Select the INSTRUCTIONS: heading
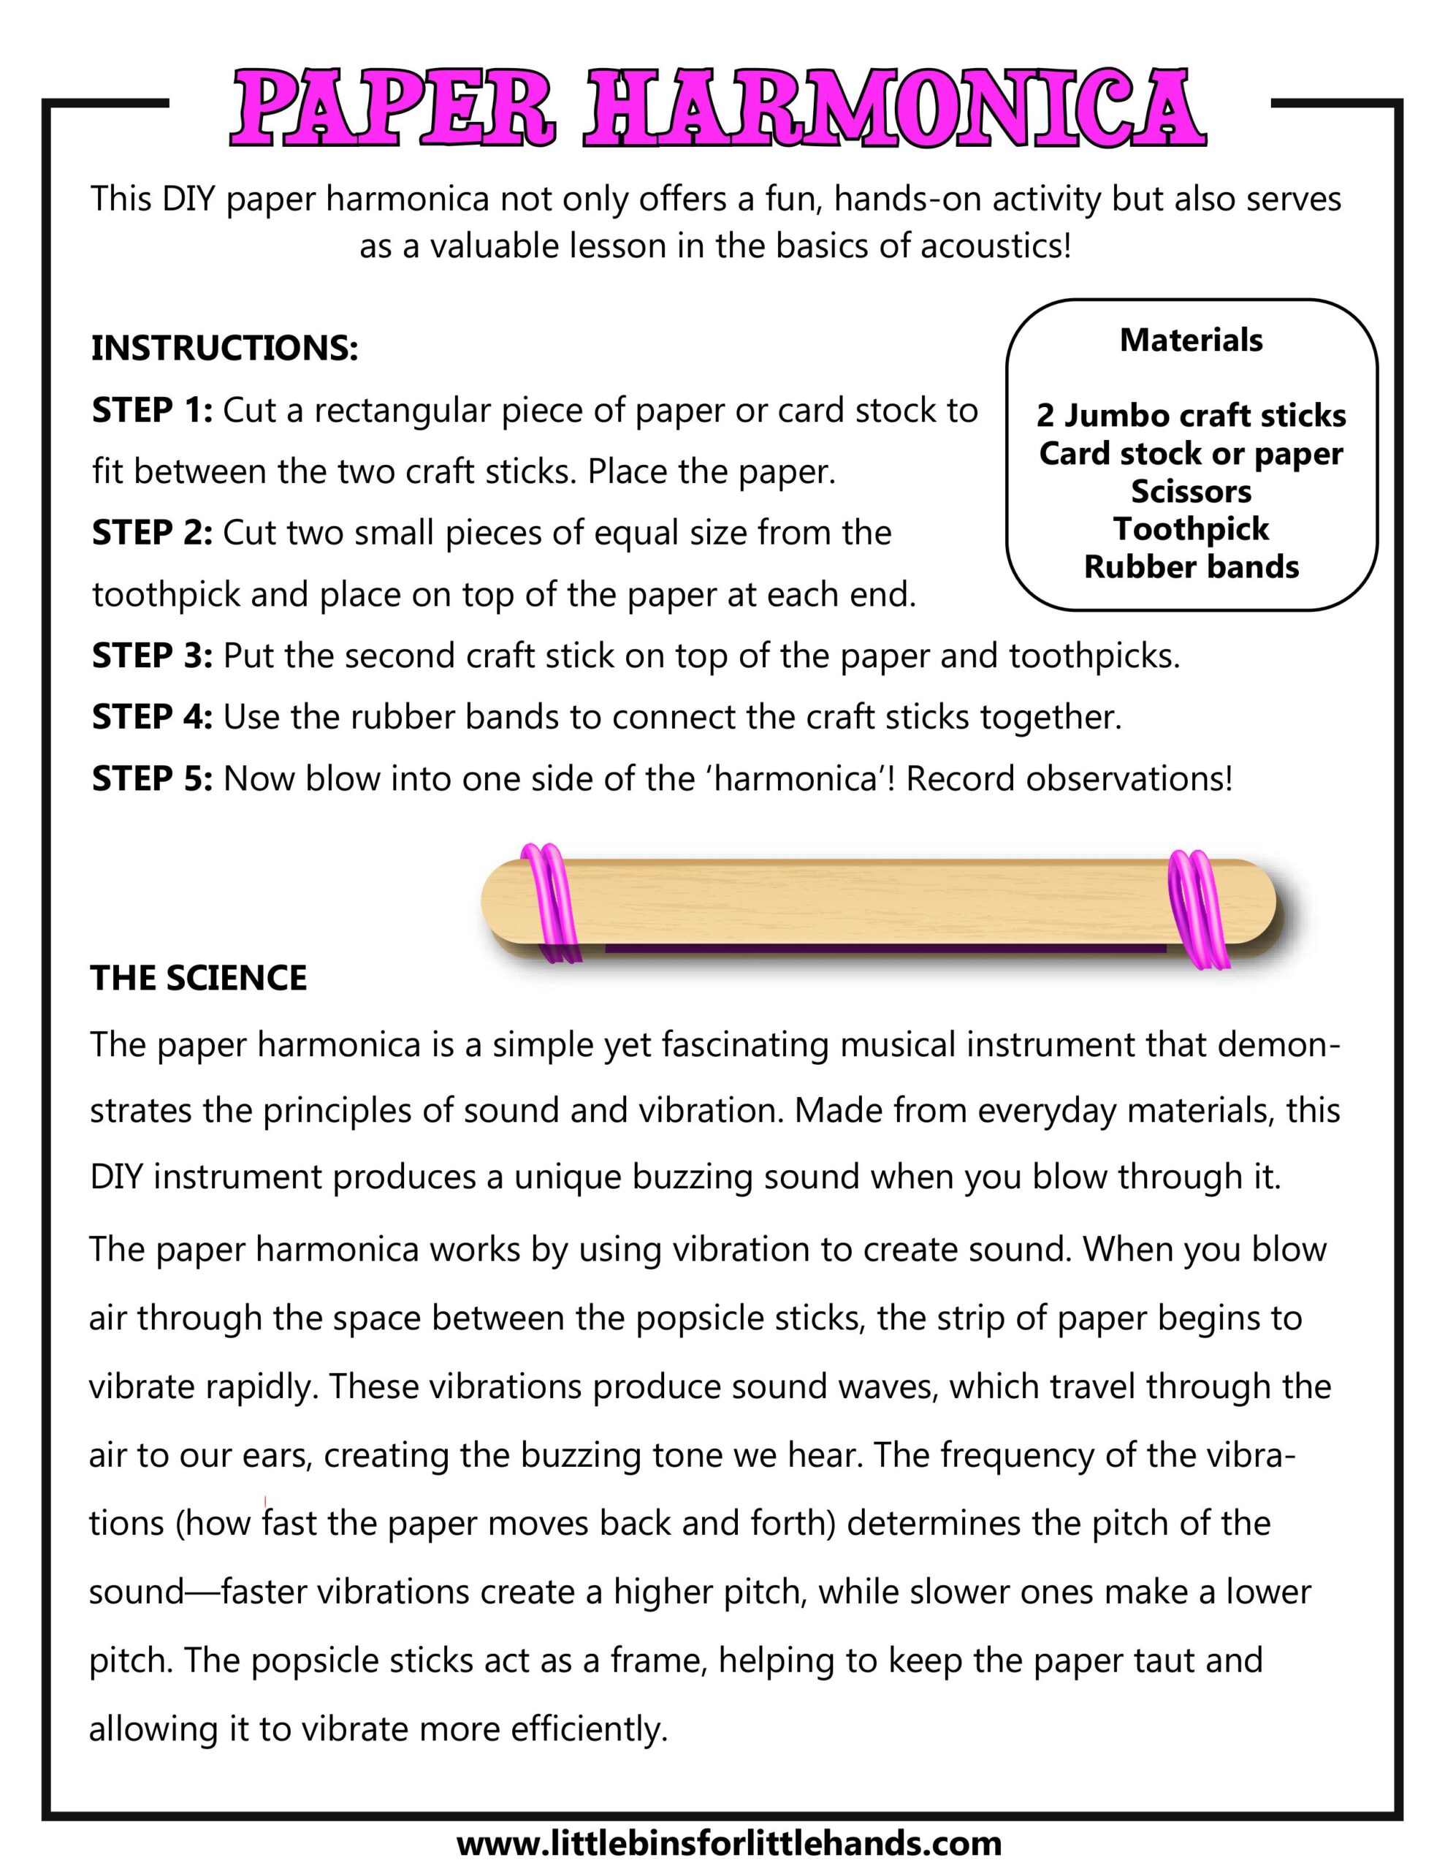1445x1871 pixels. point(224,349)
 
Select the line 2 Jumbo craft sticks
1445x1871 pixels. point(1191,415)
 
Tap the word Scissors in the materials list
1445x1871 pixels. point(1191,491)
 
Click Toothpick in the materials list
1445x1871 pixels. point(1191,528)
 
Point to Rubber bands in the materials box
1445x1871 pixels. point(1191,566)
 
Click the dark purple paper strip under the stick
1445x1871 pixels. point(882,949)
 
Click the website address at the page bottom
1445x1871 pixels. point(728,1842)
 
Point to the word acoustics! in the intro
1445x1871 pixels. point(994,247)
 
